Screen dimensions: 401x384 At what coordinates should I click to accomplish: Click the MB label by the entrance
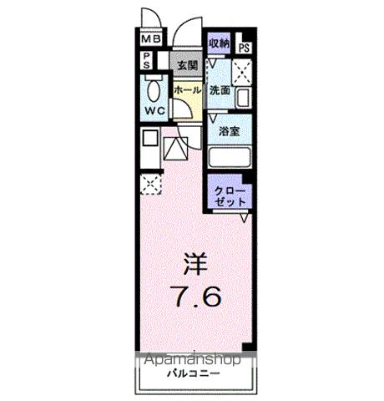150,39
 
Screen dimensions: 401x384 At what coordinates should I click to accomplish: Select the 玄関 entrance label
186,64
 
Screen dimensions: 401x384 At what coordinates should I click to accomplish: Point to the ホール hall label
186,89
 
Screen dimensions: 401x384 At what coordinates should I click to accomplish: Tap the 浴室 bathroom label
229,132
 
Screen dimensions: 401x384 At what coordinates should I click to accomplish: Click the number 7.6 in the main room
191,297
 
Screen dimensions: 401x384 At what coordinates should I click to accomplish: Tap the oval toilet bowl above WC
154,88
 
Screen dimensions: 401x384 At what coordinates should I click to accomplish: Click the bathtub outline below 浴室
228,158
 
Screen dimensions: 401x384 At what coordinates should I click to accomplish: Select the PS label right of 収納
244,48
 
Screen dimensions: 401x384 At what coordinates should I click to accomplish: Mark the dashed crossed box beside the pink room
151,185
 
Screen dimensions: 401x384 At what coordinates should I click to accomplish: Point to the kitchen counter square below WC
151,140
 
